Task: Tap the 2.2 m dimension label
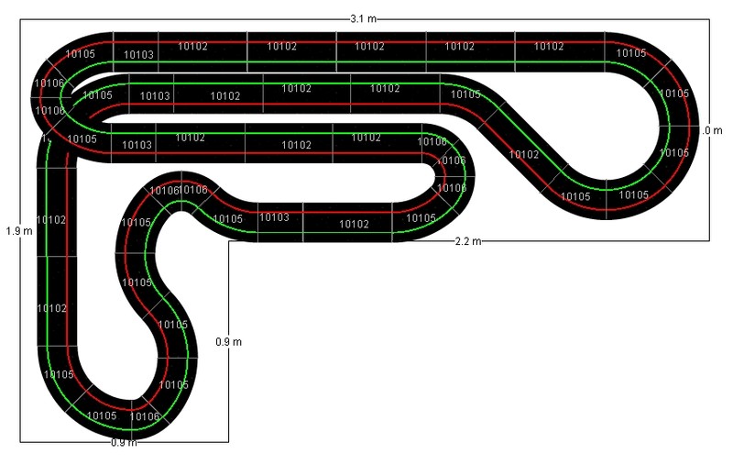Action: [468, 240]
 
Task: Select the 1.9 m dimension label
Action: [18, 230]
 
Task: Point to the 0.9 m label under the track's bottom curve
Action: [124, 443]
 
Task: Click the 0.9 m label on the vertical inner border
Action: [228, 342]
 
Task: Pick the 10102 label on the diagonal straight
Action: [524, 154]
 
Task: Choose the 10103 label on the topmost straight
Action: [138, 55]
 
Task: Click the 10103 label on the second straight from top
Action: [155, 95]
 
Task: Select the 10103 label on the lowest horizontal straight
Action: [274, 217]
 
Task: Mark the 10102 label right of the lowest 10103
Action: [354, 224]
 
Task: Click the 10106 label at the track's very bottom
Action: [146, 417]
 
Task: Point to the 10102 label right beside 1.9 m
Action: [52, 219]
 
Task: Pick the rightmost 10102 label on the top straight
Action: [549, 46]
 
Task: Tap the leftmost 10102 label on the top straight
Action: [192, 46]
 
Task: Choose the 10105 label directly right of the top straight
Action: [630, 53]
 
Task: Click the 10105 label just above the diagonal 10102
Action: [465, 94]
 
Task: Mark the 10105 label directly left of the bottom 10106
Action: [102, 415]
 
